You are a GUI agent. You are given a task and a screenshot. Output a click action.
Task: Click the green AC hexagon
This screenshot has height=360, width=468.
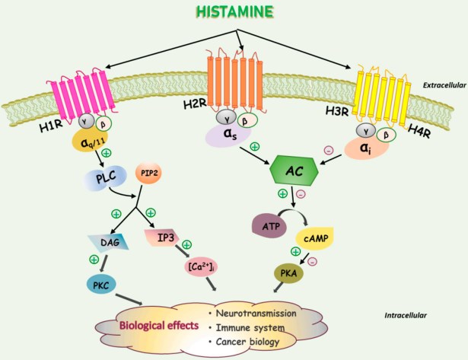pyautogui.click(x=292, y=174)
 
